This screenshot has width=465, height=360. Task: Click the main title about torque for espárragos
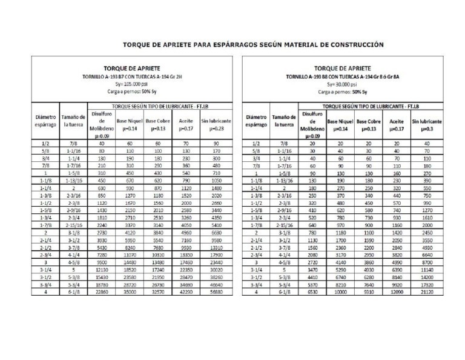pos(254,44)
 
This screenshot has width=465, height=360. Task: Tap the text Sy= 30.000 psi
pos(343,84)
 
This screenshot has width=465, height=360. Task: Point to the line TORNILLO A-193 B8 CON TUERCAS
pos(343,77)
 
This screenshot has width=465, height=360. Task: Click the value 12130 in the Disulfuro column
pos(102,269)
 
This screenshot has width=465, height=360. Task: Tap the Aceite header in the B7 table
pos(186,125)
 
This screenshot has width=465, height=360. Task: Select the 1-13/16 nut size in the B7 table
pos(73,180)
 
